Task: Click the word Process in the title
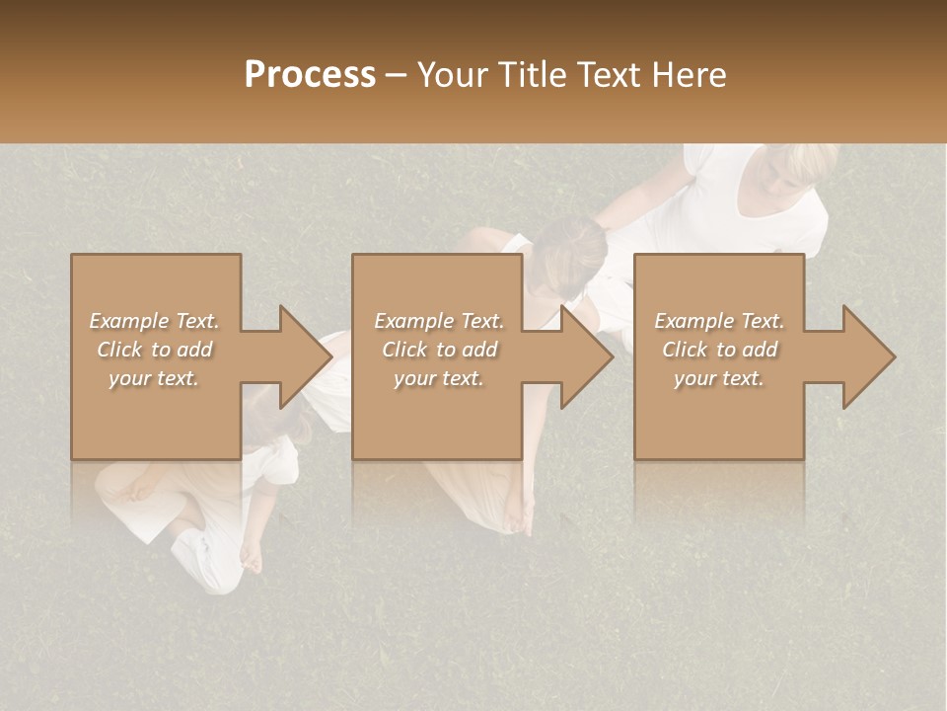coord(310,75)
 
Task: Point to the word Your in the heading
coord(453,75)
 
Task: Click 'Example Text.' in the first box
coord(154,321)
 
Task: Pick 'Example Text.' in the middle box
coord(439,321)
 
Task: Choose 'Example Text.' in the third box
coord(719,321)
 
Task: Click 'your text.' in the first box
coord(154,378)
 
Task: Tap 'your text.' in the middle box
coord(439,378)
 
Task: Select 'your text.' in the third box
coord(719,378)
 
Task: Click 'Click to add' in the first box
coord(154,350)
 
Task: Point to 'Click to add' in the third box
coord(719,350)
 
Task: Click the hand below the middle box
coord(516,513)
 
